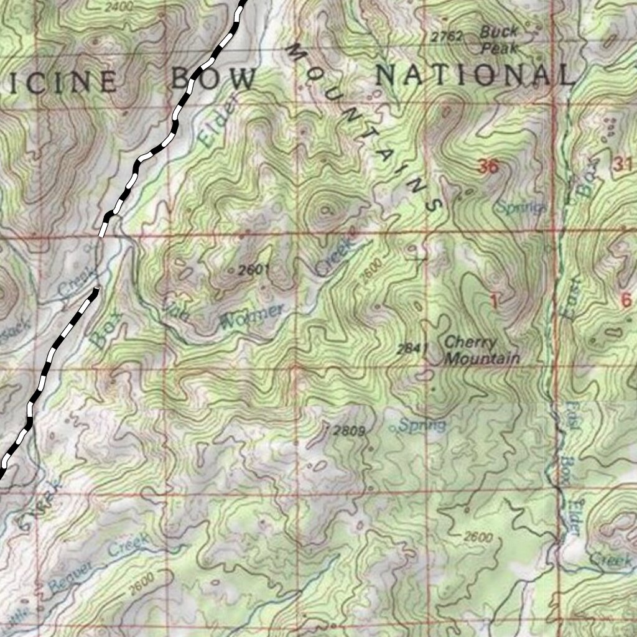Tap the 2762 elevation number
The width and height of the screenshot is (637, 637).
(x=447, y=37)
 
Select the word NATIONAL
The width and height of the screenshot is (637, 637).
(x=474, y=75)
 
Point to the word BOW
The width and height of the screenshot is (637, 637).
(x=213, y=79)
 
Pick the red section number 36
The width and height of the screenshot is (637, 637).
(x=488, y=166)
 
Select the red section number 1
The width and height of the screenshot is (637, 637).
(x=494, y=302)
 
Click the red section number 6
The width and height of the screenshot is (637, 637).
(x=626, y=300)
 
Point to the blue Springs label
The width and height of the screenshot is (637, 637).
(x=521, y=207)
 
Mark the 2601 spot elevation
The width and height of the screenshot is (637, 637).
(x=251, y=269)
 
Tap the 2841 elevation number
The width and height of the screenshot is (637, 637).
(x=411, y=348)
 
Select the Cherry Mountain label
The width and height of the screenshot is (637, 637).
(x=481, y=350)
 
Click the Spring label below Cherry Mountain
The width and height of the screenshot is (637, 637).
(x=422, y=425)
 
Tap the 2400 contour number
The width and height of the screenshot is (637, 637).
(x=119, y=7)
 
